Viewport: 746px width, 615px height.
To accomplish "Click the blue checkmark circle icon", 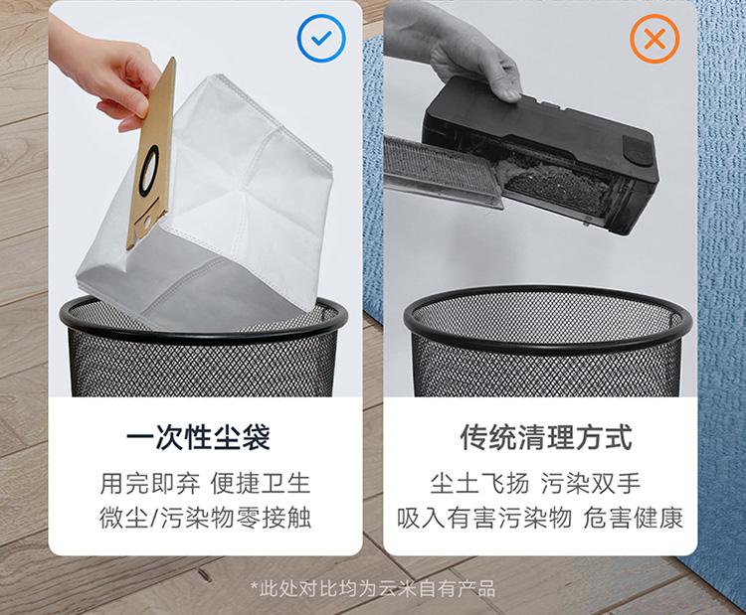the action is (321, 38).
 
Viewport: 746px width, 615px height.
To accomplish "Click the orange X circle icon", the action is (654, 39).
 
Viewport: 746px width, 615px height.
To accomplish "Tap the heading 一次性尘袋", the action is (198, 437).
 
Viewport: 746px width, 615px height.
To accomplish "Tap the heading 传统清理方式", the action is (546, 437).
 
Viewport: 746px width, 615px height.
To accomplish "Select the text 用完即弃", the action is (149, 484).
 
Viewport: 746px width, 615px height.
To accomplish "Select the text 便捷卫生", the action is (261, 484).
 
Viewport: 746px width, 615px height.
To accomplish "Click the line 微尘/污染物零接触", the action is (205, 518).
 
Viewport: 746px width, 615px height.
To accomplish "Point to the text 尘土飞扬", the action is (479, 484).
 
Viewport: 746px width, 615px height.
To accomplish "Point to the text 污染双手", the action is (591, 484).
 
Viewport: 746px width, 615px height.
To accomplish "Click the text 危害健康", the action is (634, 518).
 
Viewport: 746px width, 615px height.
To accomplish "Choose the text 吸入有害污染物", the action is (484, 518).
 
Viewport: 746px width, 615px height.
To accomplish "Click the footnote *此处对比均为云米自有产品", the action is (373, 589).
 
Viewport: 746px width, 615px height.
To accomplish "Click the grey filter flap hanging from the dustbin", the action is (443, 170).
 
